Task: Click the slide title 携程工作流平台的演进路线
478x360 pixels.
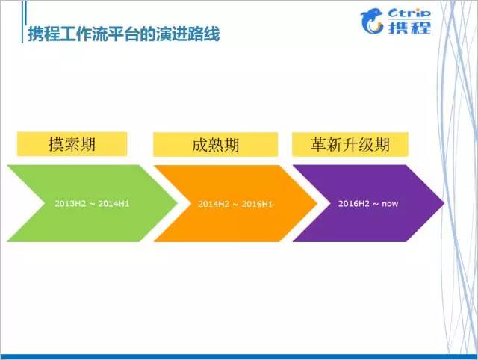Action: [123, 34]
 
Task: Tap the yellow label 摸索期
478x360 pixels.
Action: [72, 143]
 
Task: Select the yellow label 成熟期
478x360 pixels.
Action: [215, 144]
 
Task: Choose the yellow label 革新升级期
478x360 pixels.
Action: [350, 143]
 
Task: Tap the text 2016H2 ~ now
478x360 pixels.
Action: [364, 202]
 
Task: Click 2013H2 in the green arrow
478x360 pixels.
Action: [69, 202]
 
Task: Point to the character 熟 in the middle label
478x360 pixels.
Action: [215, 144]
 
